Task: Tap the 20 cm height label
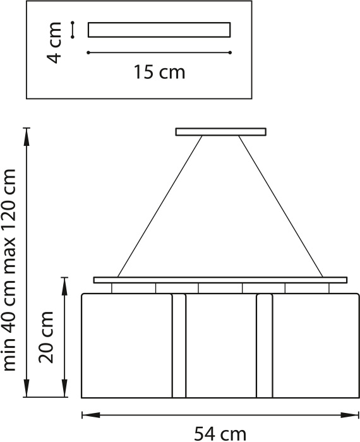pyautogui.click(x=46, y=337)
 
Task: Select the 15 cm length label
pyautogui.click(x=159, y=72)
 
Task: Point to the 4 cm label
pyautogui.click(x=54, y=42)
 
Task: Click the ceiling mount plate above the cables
pyautogui.click(x=220, y=132)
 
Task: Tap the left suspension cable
pyautogui.click(x=160, y=206)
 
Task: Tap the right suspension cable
pyautogui.click(x=281, y=206)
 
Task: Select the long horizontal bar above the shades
pyautogui.click(x=220, y=280)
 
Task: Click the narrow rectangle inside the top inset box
pyautogui.click(x=159, y=30)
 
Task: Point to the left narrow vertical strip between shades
pyautogui.click(x=179, y=346)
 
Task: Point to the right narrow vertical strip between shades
pyautogui.click(x=265, y=346)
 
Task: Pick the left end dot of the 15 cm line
pyautogui.click(x=88, y=52)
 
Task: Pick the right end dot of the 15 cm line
pyautogui.click(x=230, y=52)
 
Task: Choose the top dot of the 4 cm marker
pyautogui.click(x=73, y=23)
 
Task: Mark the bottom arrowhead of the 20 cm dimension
pyautogui.click(x=65, y=388)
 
